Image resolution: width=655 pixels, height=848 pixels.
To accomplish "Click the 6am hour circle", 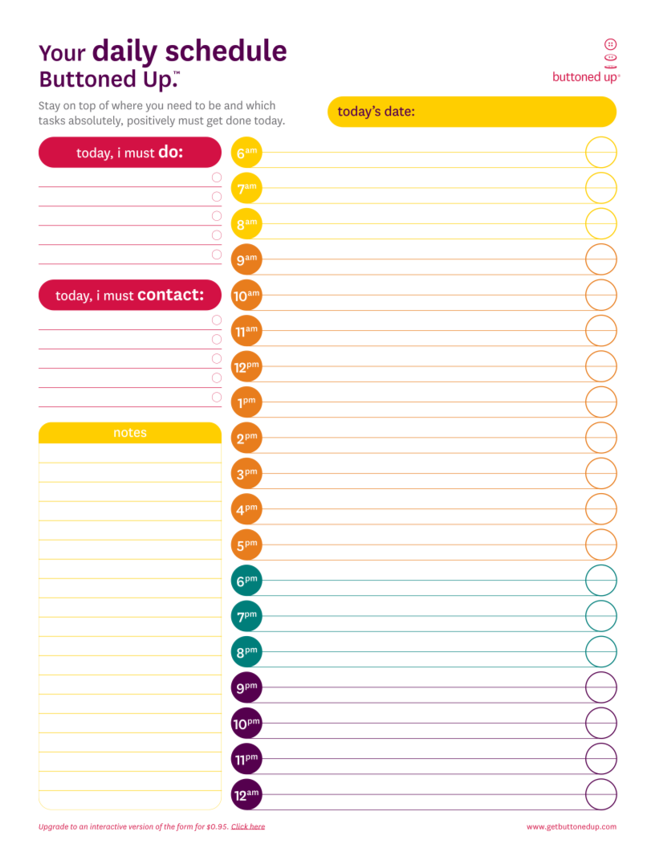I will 246,153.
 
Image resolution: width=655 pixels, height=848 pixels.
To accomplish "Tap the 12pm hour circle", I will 246,366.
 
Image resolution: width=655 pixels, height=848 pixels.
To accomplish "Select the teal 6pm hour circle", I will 246,581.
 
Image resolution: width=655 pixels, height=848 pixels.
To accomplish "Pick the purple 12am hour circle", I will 246,795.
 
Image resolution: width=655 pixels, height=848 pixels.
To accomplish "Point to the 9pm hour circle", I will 246,687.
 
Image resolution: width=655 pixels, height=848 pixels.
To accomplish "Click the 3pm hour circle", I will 246,474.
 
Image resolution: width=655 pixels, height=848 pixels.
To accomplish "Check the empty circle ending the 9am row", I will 600,259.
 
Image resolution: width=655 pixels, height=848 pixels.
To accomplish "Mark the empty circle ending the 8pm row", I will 600,651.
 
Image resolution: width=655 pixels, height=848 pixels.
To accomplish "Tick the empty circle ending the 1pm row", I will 600,402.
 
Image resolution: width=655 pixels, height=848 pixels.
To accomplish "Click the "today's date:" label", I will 376,112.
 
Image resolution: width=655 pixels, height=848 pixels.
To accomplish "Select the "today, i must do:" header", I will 130,152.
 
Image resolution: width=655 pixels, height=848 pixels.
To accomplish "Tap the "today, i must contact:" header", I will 130,295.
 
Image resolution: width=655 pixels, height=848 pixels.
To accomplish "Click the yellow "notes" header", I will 130,433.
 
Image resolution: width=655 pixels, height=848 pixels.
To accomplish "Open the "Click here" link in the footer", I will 248,826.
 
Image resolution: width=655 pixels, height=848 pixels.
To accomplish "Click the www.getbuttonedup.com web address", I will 572,826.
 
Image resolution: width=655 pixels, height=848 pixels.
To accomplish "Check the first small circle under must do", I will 217,177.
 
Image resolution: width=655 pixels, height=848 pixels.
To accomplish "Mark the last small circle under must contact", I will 217,397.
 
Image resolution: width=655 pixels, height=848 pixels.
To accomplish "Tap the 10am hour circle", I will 246,295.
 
